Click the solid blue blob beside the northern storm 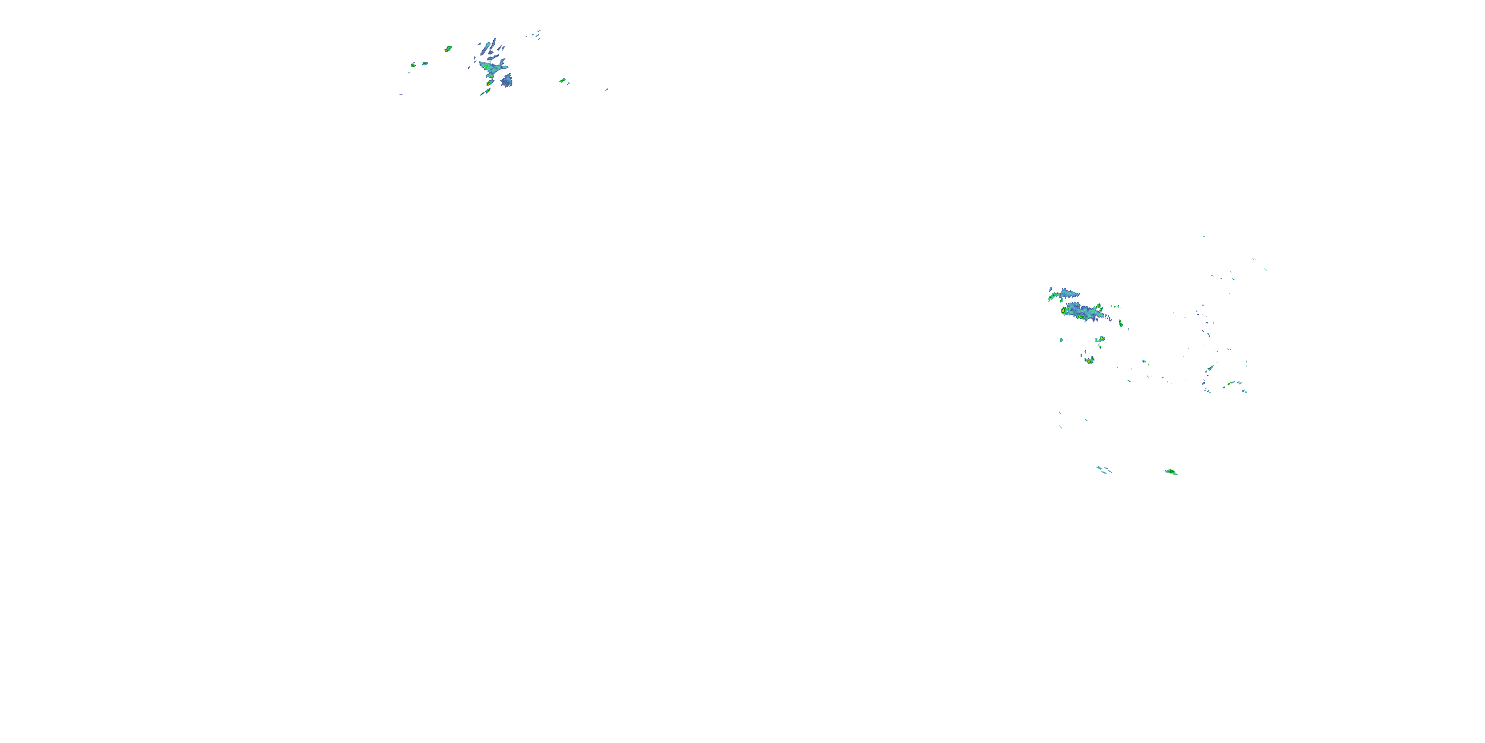(x=506, y=81)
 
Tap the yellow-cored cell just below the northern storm (x=489, y=83)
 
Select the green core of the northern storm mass (x=489, y=68)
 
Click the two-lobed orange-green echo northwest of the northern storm (x=448, y=49)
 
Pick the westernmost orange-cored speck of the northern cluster (x=413, y=65)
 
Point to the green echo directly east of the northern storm (x=562, y=81)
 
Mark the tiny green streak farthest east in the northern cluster (x=606, y=90)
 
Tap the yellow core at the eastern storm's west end (x=1064, y=311)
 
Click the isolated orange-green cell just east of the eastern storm (x=1121, y=323)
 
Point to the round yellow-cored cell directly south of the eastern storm (x=1101, y=339)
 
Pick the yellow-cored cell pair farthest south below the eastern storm (x=1089, y=361)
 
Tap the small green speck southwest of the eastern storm (x=1061, y=340)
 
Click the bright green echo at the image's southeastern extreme (x=1171, y=472)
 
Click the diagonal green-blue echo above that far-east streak (x=1209, y=368)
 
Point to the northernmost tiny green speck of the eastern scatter (x=1204, y=236)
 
